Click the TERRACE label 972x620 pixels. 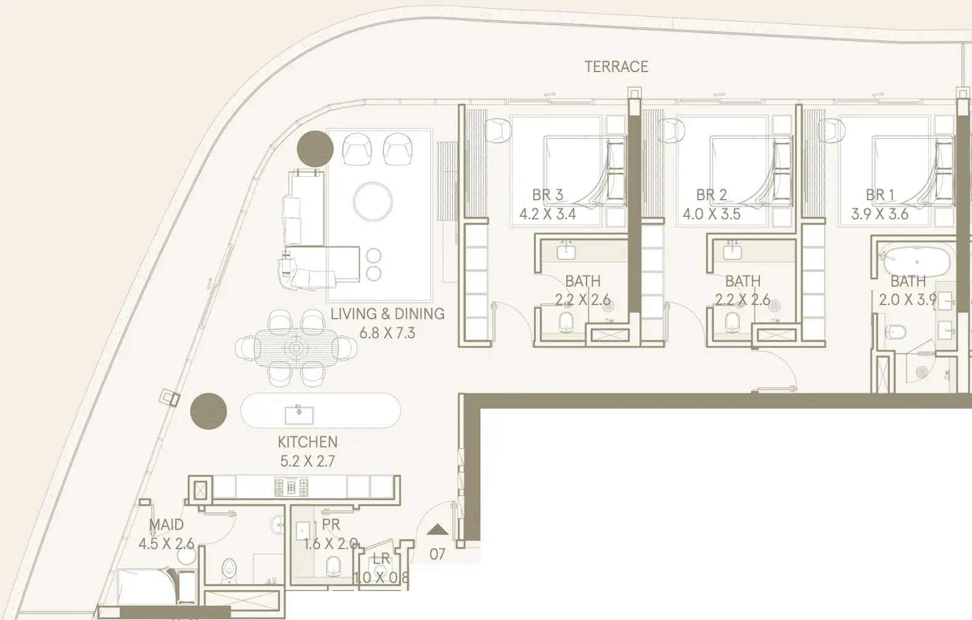coord(616,67)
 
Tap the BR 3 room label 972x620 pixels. coord(548,195)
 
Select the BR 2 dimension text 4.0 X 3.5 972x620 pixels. coord(712,214)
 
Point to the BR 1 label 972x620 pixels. coord(880,195)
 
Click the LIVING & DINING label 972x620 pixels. coord(387,314)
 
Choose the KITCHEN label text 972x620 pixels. coord(308,443)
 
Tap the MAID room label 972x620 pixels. coord(166,525)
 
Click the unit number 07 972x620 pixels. coord(437,554)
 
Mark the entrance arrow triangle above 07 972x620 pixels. coord(437,530)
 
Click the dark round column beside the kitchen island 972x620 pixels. coord(208,412)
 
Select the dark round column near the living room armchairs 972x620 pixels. coord(315,149)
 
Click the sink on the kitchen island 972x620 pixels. coord(299,415)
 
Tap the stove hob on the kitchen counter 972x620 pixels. coord(291,487)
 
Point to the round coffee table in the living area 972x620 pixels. coord(373,202)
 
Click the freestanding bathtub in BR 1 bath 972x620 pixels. coord(915,262)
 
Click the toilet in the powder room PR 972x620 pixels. coord(333,566)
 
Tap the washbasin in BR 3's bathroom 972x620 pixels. coord(566,251)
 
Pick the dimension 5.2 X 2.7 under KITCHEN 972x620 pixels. coord(308,462)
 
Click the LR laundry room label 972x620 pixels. coord(381,560)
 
